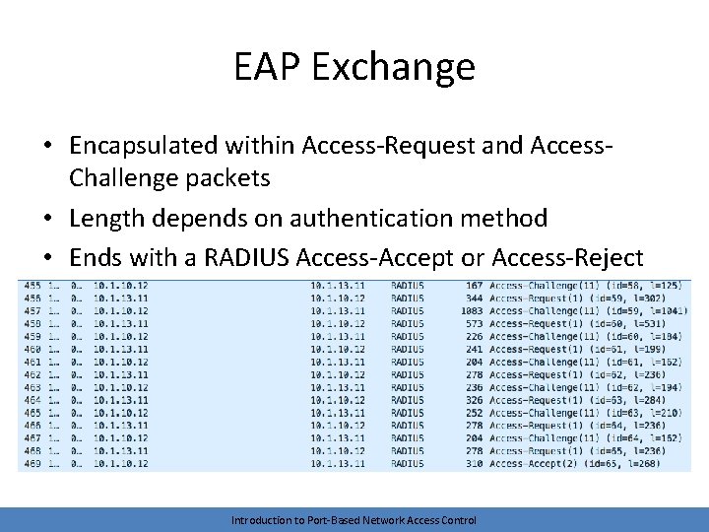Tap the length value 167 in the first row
[x=474, y=286]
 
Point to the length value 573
[x=474, y=324]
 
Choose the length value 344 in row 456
[x=474, y=299]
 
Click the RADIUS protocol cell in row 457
[x=408, y=311]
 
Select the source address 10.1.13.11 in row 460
[x=121, y=349]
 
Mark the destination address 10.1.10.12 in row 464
[x=338, y=400]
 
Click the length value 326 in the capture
[x=474, y=400]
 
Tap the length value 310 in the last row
[x=474, y=464]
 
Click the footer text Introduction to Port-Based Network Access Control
[x=354, y=520]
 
